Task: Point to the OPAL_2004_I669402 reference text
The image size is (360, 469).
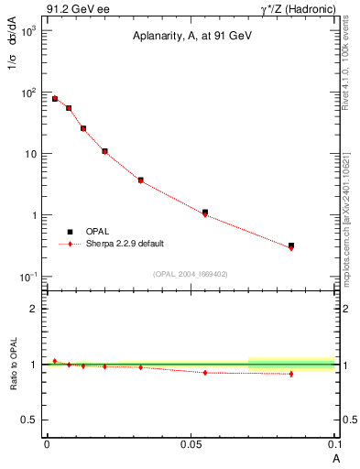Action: click(x=190, y=273)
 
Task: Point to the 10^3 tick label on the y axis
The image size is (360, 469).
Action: click(x=28, y=31)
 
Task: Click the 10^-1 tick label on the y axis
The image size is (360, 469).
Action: click(x=28, y=277)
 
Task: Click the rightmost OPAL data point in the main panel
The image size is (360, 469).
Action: click(x=291, y=245)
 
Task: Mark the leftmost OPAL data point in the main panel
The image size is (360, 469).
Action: click(x=55, y=98)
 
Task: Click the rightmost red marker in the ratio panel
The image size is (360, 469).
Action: click(x=291, y=374)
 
